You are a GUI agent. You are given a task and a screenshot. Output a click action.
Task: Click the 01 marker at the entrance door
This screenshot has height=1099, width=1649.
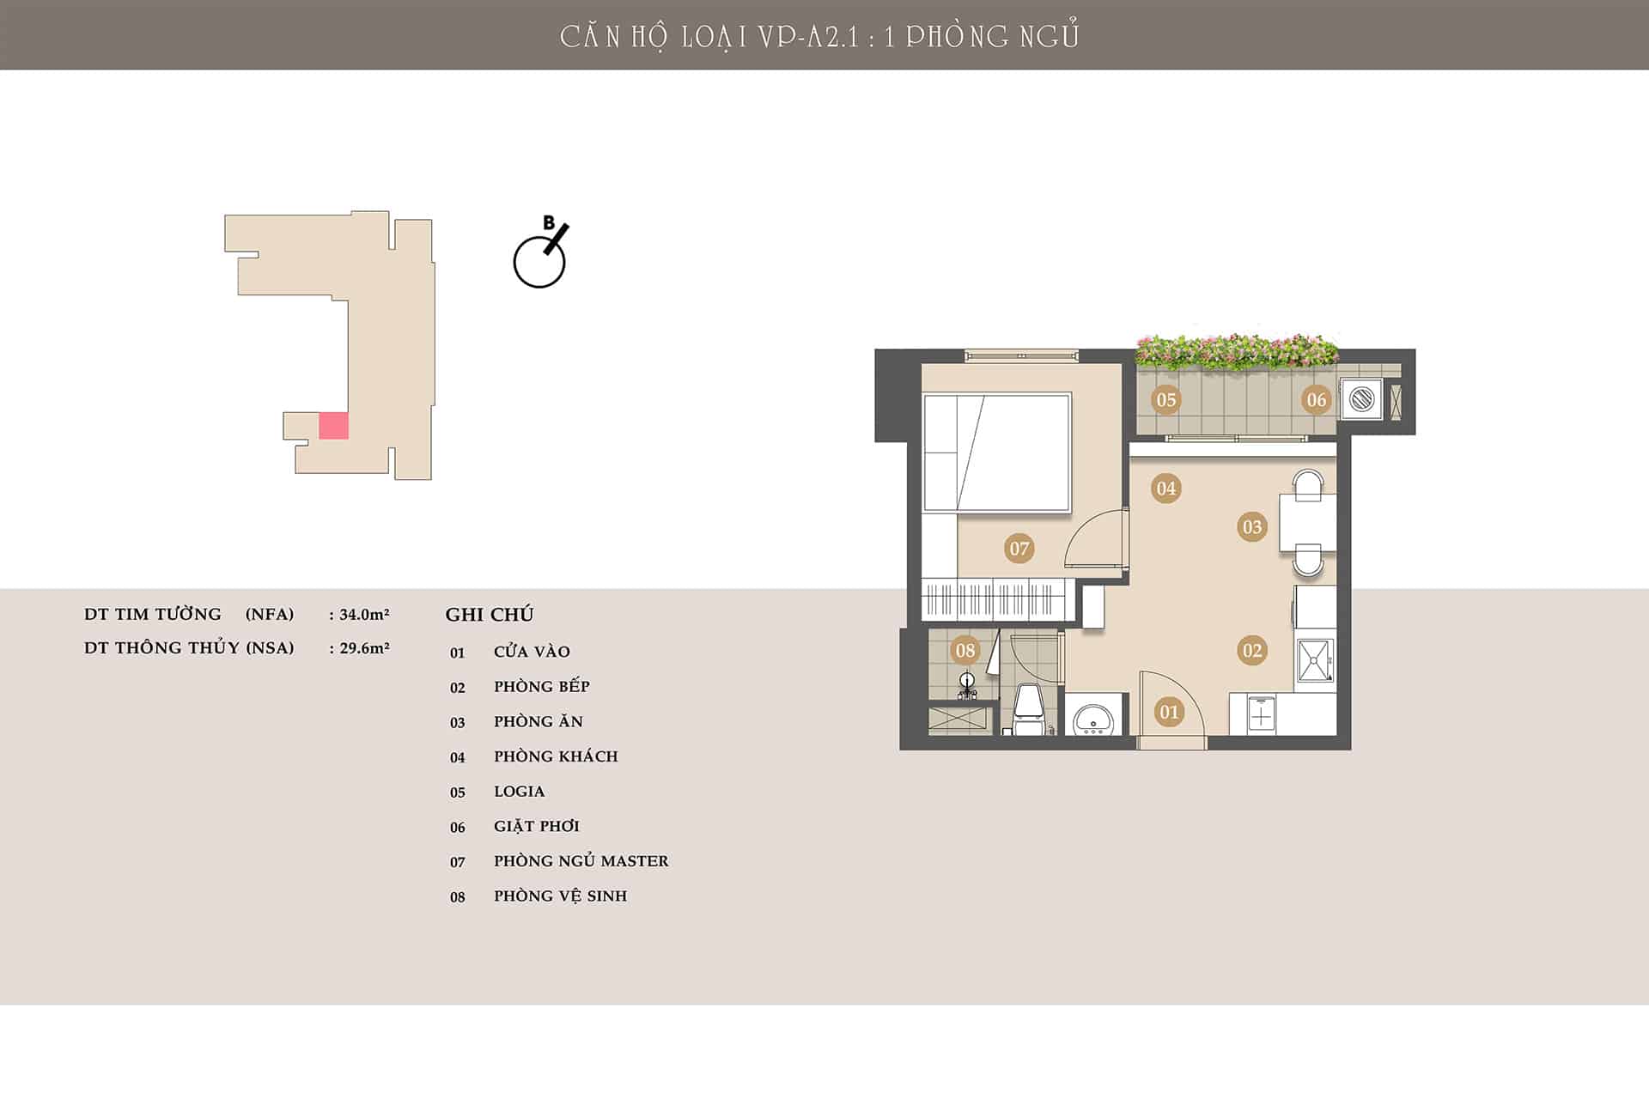tap(1169, 712)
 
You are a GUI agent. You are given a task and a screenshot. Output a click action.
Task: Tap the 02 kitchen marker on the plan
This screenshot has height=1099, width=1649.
tap(1252, 651)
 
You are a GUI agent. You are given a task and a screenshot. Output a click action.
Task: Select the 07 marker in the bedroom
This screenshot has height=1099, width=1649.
tap(1019, 549)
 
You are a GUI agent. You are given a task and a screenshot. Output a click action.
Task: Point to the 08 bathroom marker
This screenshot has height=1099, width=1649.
tap(965, 651)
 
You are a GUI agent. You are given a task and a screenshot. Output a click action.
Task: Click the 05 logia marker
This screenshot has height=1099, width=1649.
tap(1165, 399)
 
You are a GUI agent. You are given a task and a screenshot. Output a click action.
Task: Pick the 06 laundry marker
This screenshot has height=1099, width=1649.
tap(1317, 399)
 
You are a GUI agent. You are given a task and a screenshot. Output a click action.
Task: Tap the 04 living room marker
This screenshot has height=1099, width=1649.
tap(1165, 489)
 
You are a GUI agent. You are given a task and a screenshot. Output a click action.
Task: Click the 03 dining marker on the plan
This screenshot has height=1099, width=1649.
tap(1252, 527)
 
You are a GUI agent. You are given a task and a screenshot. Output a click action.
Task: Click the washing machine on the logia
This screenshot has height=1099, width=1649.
tap(1362, 398)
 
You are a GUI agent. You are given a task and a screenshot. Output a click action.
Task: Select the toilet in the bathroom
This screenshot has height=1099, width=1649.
tap(1029, 709)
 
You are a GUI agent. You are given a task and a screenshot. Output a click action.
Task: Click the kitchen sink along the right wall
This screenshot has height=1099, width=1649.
tap(1315, 660)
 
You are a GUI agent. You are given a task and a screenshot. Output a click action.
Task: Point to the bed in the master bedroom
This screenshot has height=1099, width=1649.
tap(997, 453)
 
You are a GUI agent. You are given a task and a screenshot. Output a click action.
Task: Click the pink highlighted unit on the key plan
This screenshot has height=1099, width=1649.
tap(333, 426)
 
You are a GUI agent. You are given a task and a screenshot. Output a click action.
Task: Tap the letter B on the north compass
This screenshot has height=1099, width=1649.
tap(549, 223)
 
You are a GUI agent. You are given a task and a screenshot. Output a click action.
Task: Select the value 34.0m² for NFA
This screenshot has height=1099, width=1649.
tap(364, 614)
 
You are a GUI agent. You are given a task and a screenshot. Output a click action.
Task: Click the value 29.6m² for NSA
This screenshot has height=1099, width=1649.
tap(364, 648)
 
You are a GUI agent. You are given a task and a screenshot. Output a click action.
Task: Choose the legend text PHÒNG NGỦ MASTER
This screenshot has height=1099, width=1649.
tap(581, 860)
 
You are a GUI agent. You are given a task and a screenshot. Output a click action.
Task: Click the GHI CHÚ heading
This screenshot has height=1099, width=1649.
tap(490, 614)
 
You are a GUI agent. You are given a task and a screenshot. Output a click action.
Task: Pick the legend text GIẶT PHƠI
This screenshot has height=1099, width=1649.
tap(537, 826)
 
